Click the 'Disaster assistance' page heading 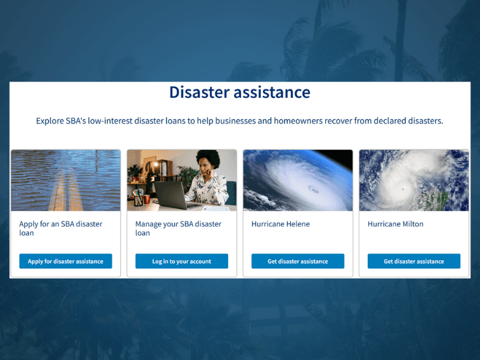[x=239, y=92]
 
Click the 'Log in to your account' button [x=181, y=262]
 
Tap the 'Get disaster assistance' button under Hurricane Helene [x=298, y=262]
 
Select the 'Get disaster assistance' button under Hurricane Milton [x=413, y=262]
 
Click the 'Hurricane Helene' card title [x=280, y=224]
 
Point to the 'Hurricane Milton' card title [x=395, y=224]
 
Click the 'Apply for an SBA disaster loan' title [x=61, y=229]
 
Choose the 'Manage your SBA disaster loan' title [x=178, y=229]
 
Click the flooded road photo [x=65, y=180]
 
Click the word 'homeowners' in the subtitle [x=298, y=121]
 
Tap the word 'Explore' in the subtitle [x=49, y=121]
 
